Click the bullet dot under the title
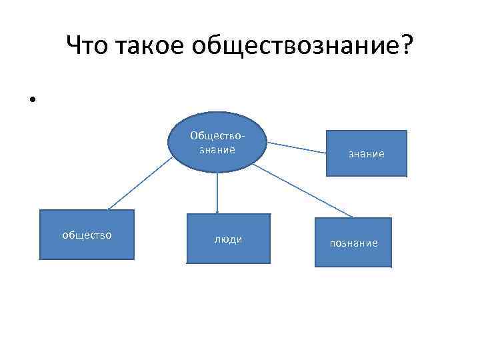(x=31, y=101)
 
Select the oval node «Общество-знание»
(x=217, y=143)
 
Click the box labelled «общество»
(x=87, y=234)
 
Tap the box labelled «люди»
(x=228, y=239)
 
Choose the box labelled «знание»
(x=366, y=153)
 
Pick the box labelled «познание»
(x=353, y=243)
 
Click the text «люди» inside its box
(x=228, y=239)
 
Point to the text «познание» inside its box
(x=353, y=243)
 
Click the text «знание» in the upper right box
(x=366, y=154)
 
